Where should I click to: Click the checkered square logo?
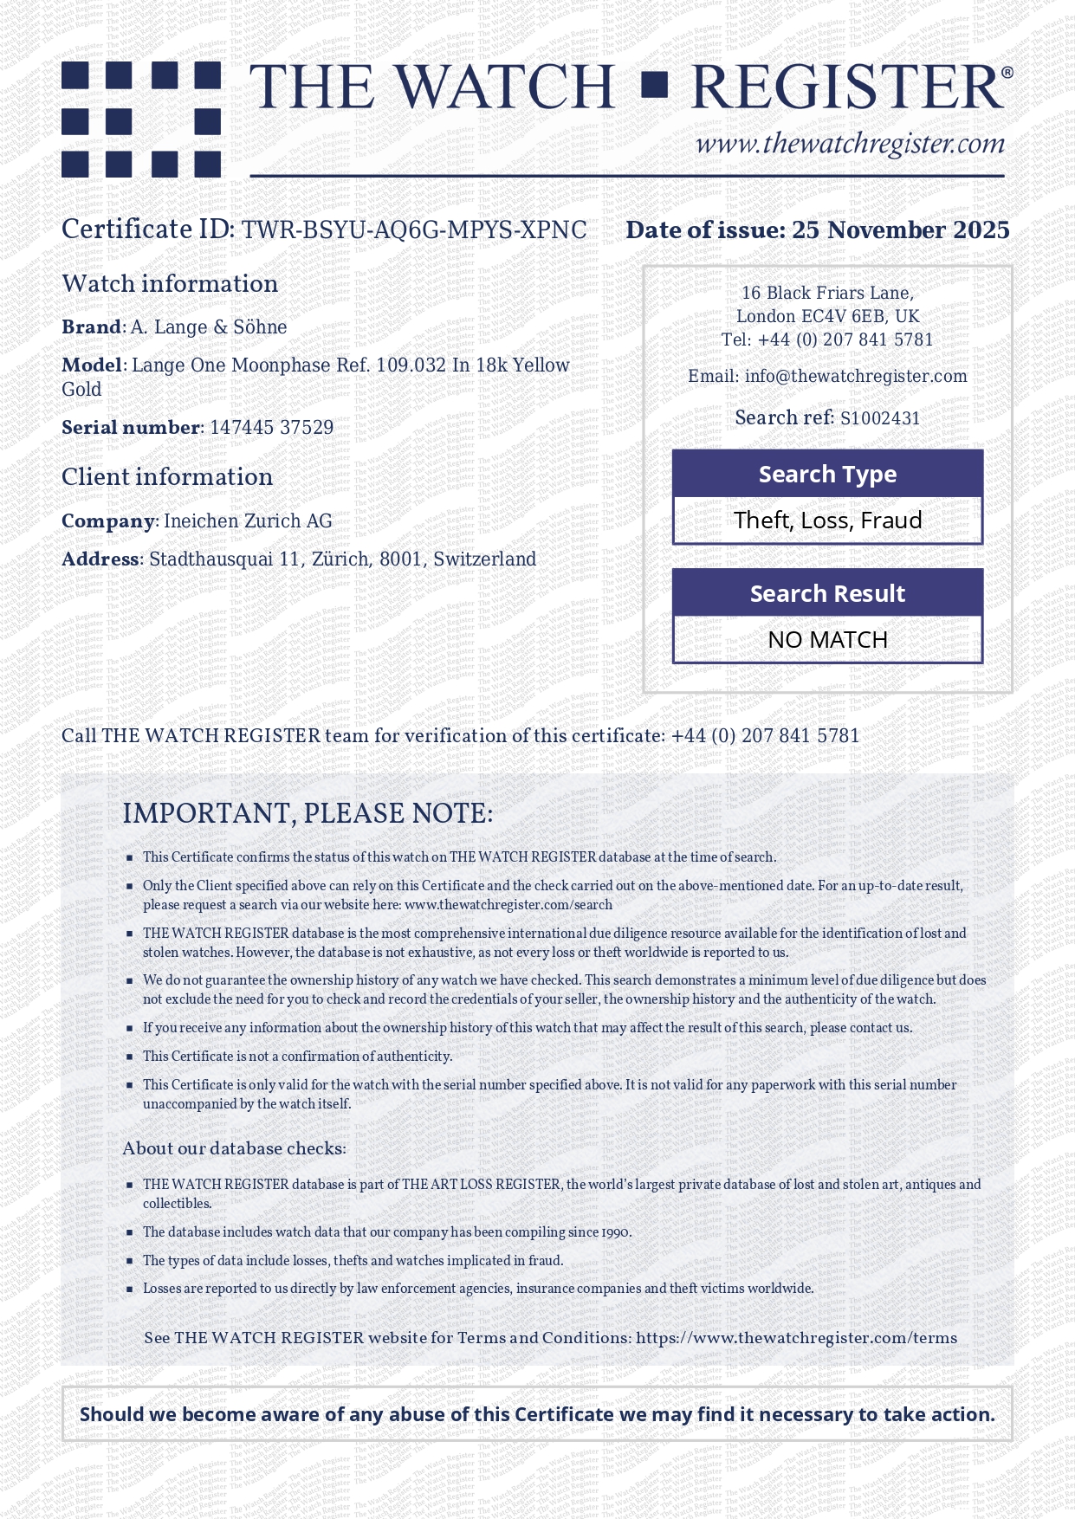(141, 119)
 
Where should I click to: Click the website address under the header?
(850, 144)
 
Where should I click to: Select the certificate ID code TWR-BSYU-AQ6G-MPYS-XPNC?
(414, 230)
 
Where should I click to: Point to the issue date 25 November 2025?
(900, 230)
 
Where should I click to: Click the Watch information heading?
(170, 284)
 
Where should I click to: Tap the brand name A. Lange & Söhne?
(209, 327)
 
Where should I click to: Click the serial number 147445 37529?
(271, 428)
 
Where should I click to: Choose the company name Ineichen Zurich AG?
(248, 521)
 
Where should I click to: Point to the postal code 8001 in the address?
(401, 559)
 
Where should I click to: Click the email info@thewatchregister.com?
(856, 377)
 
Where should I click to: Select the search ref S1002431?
(880, 418)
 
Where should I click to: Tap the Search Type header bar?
(827, 474)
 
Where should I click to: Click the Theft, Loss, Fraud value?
(827, 520)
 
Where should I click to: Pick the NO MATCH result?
(827, 640)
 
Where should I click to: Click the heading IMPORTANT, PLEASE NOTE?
(308, 814)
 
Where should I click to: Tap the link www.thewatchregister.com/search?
(508, 905)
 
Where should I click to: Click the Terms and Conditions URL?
(796, 1338)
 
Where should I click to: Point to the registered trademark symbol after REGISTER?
(1007, 73)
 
